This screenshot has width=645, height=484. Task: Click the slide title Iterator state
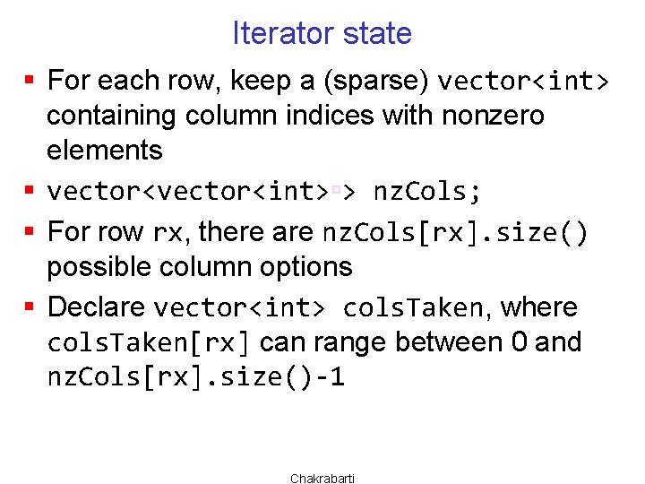coord(322,34)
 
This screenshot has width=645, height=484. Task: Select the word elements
coord(104,150)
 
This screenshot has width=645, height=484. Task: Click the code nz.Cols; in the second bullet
coord(427,192)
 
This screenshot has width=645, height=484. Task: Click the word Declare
coord(96,307)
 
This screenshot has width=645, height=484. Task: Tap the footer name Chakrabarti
coord(322,479)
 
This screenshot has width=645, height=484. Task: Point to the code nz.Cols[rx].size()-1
coord(195,378)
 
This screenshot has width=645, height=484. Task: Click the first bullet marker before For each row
coord(30,82)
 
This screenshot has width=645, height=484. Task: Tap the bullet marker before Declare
coord(30,307)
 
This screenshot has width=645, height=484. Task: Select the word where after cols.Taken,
coord(538,307)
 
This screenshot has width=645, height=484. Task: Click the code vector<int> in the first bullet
coord(523,82)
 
